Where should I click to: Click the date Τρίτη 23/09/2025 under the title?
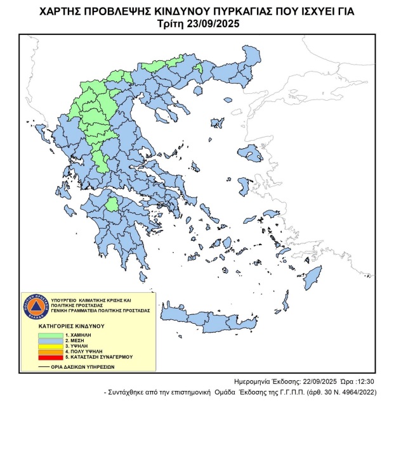[x=197, y=23]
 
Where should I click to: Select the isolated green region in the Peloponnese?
[x=112, y=204]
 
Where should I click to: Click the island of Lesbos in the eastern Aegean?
[x=250, y=153]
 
